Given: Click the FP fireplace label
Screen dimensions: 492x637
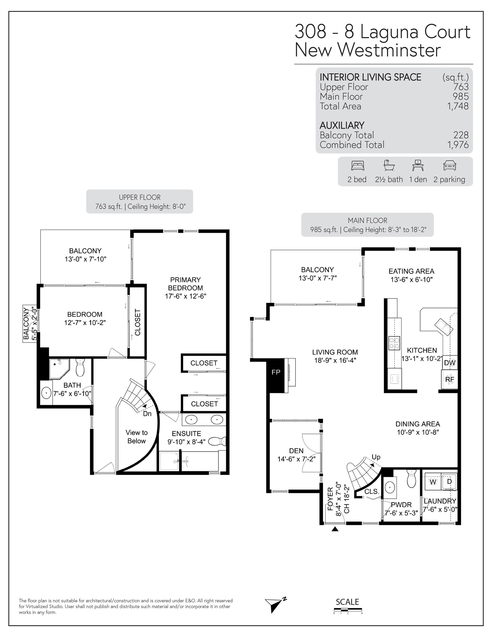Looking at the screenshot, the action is pyautogui.click(x=276, y=372).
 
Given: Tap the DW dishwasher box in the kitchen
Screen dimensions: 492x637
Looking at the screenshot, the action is pyautogui.click(x=449, y=362).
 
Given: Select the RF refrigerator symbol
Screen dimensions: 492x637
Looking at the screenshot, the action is pyautogui.click(x=449, y=379).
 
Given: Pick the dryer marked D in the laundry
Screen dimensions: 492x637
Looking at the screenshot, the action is pyautogui.click(x=449, y=482).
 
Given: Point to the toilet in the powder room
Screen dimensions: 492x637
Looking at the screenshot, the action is pyautogui.click(x=411, y=478).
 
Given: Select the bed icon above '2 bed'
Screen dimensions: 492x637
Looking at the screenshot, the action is pyautogui.click(x=358, y=166).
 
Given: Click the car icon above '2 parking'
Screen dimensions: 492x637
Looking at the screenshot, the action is pyautogui.click(x=449, y=166).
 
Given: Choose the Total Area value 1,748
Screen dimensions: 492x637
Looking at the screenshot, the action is pyautogui.click(x=458, y=106).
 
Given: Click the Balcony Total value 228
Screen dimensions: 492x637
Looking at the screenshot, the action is pyautogui.click(x=461, y=135).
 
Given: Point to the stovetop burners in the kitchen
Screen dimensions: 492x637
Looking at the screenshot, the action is pyautogui.click(x=394, y=343).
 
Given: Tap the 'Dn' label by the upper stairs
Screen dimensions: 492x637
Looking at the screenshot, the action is pyautogui.click(x=147, y=414).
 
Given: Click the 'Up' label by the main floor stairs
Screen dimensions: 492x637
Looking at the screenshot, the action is pyautogui.click(x=376, y=457).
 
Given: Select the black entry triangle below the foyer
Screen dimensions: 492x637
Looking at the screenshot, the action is pyautogui.click(x=335, y=529).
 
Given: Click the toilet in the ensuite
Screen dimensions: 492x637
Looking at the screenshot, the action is pyautogui.click(x=217, y=441).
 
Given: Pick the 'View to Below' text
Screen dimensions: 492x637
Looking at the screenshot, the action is pyautogui.click(x=137, y=437).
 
